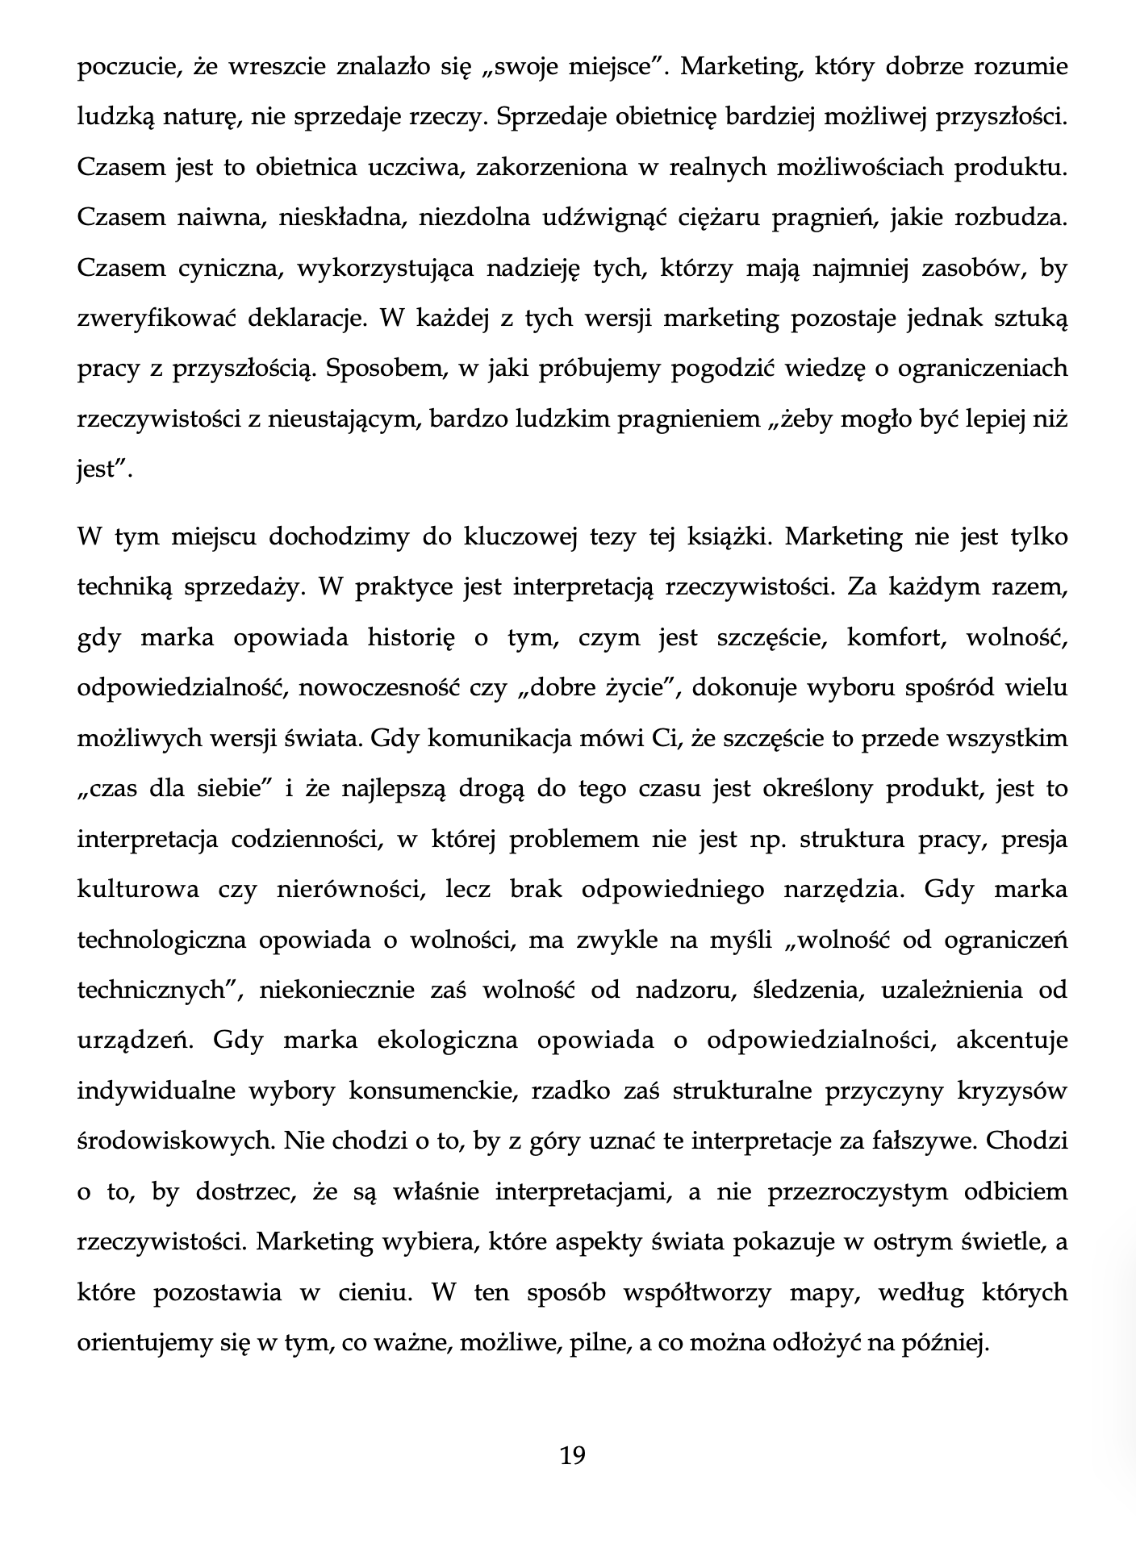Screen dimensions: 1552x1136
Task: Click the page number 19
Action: click(x=572, y=1455)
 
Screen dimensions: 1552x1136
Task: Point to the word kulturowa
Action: click(x=138, y=889)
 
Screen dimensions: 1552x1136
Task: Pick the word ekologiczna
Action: click(x=447, y=1041)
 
